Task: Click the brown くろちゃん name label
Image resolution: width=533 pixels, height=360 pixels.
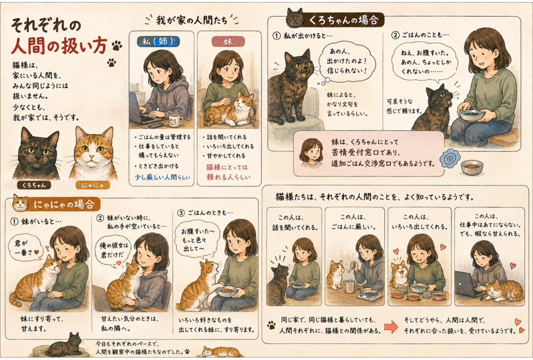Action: point(34,185)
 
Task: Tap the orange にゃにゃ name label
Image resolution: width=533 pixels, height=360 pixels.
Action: point(93,185)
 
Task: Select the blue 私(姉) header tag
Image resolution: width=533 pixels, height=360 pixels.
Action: point(158,42)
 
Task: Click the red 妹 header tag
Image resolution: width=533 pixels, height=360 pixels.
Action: point(228,42)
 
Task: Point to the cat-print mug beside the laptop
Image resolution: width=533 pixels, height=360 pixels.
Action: point(175,120)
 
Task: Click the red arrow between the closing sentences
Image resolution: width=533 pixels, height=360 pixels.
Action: point(391,327)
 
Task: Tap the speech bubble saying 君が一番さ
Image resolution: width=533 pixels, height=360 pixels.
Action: point(24,248)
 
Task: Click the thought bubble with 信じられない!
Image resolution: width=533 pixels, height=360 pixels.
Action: point(346,61)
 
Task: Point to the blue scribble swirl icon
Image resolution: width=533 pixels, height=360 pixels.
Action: point(449,158)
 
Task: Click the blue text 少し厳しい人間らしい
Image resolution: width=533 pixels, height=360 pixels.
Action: point(163,177)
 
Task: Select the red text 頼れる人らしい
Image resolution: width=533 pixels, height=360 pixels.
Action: point(228,177)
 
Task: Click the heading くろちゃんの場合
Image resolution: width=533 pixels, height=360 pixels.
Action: point(343,20)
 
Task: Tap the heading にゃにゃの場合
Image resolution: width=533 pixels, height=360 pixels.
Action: point(64,204)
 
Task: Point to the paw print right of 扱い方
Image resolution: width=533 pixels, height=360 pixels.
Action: point(116,45)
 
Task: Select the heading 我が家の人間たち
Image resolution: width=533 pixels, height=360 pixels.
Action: point(192,20)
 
